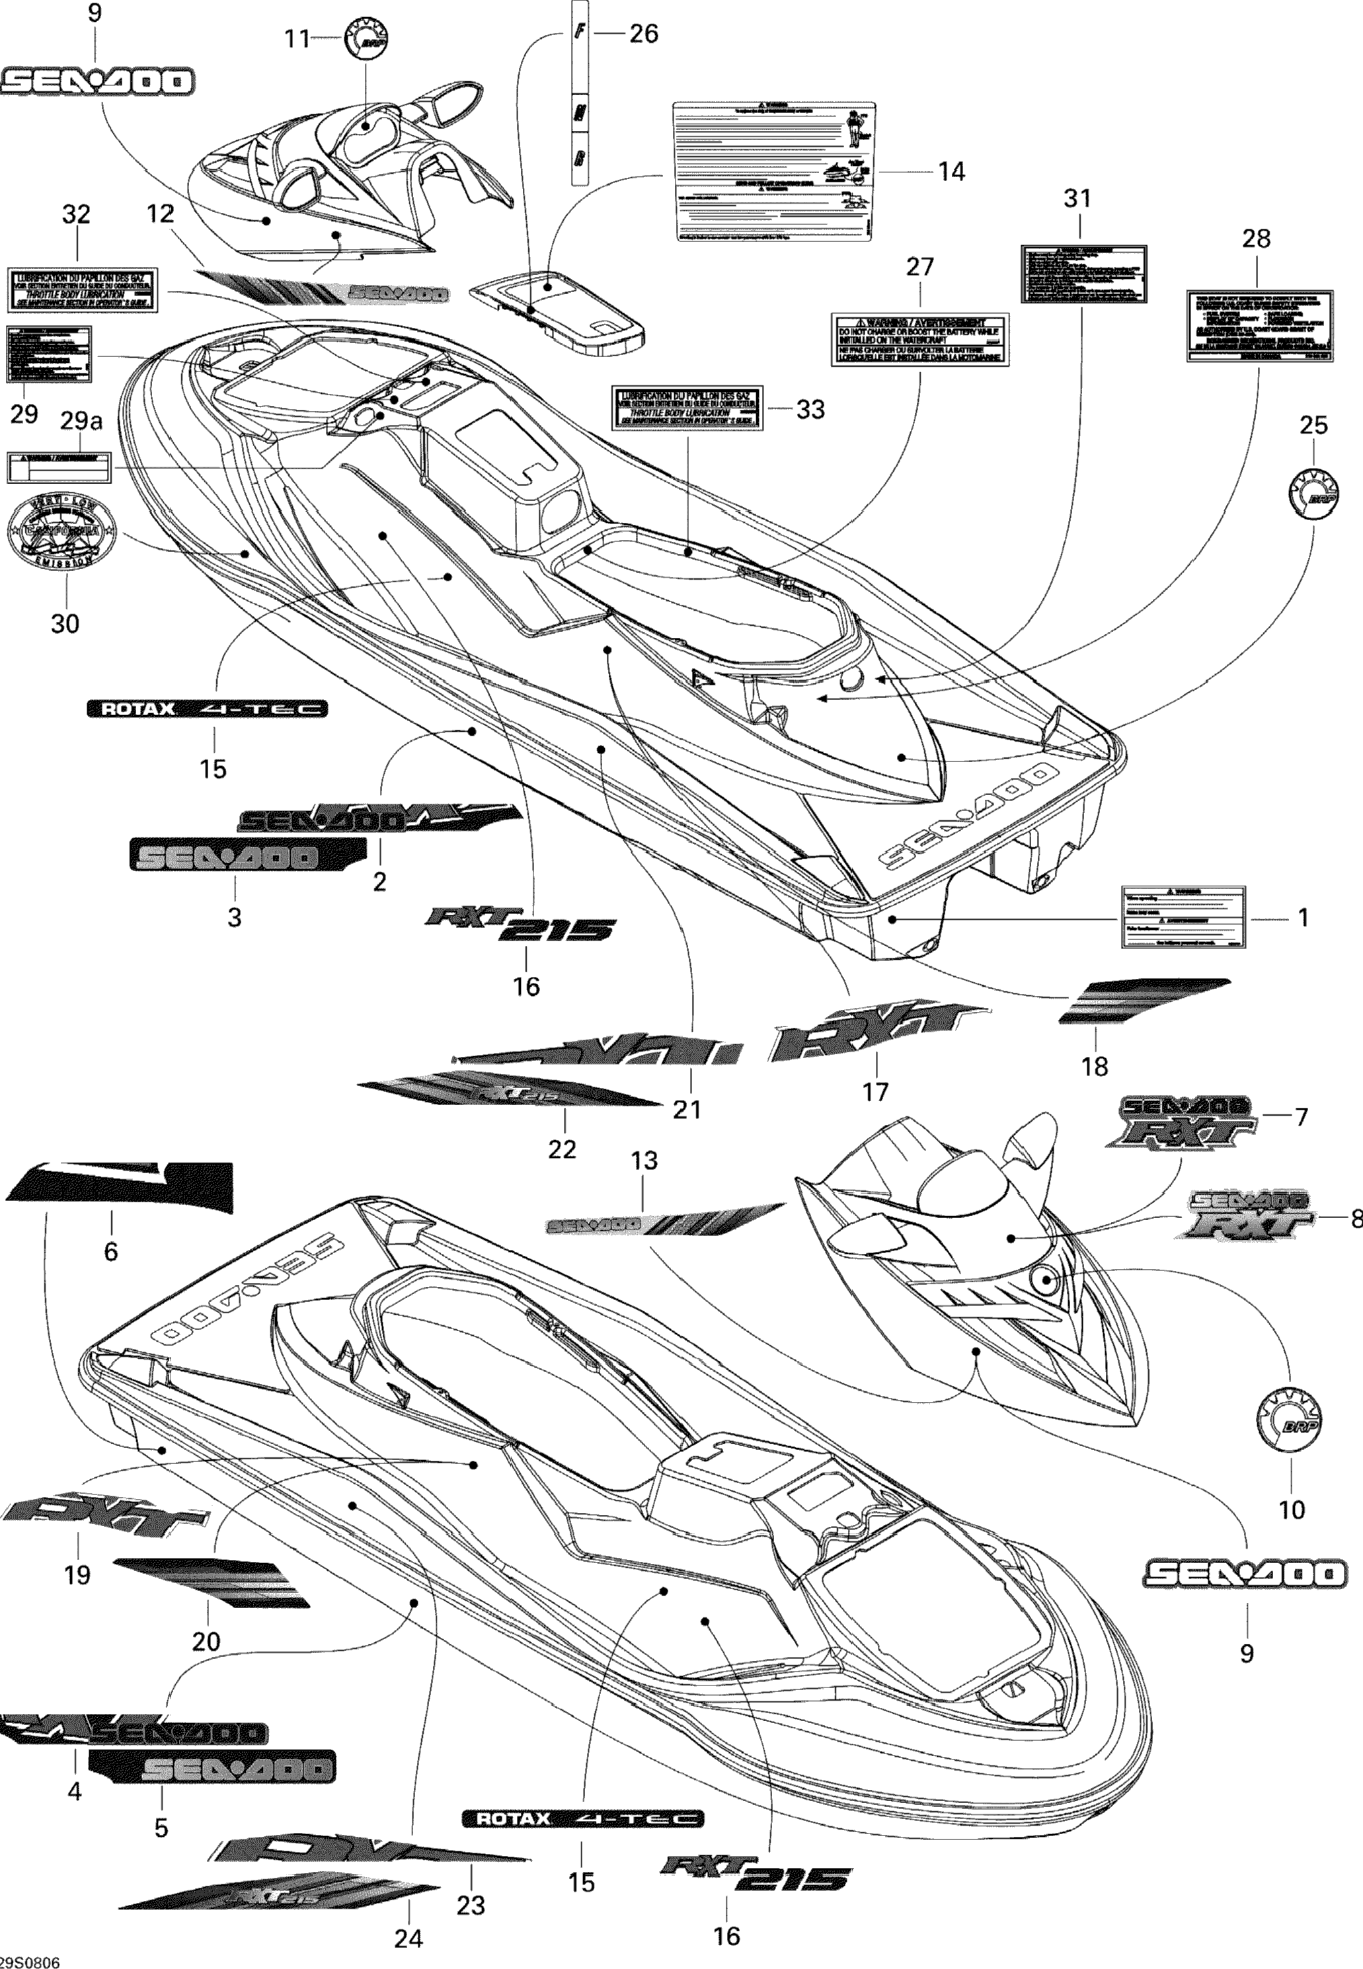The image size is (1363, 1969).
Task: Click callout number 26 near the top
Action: coord(643,34)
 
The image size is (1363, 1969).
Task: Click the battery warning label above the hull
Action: coord(919,340)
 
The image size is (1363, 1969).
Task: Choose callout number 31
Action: coord(1077,198)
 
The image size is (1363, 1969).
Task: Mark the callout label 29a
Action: coord(81,421)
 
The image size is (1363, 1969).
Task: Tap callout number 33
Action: coord(810,410)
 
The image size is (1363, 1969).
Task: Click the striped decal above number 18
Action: coord(1144,1000)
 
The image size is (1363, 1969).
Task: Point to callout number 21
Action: coord(687,1109)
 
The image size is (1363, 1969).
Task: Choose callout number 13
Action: coord(644,1161)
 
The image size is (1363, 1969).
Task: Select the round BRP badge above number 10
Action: coord(1290,1419)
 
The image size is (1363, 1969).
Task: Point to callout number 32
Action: coord(77,214)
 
